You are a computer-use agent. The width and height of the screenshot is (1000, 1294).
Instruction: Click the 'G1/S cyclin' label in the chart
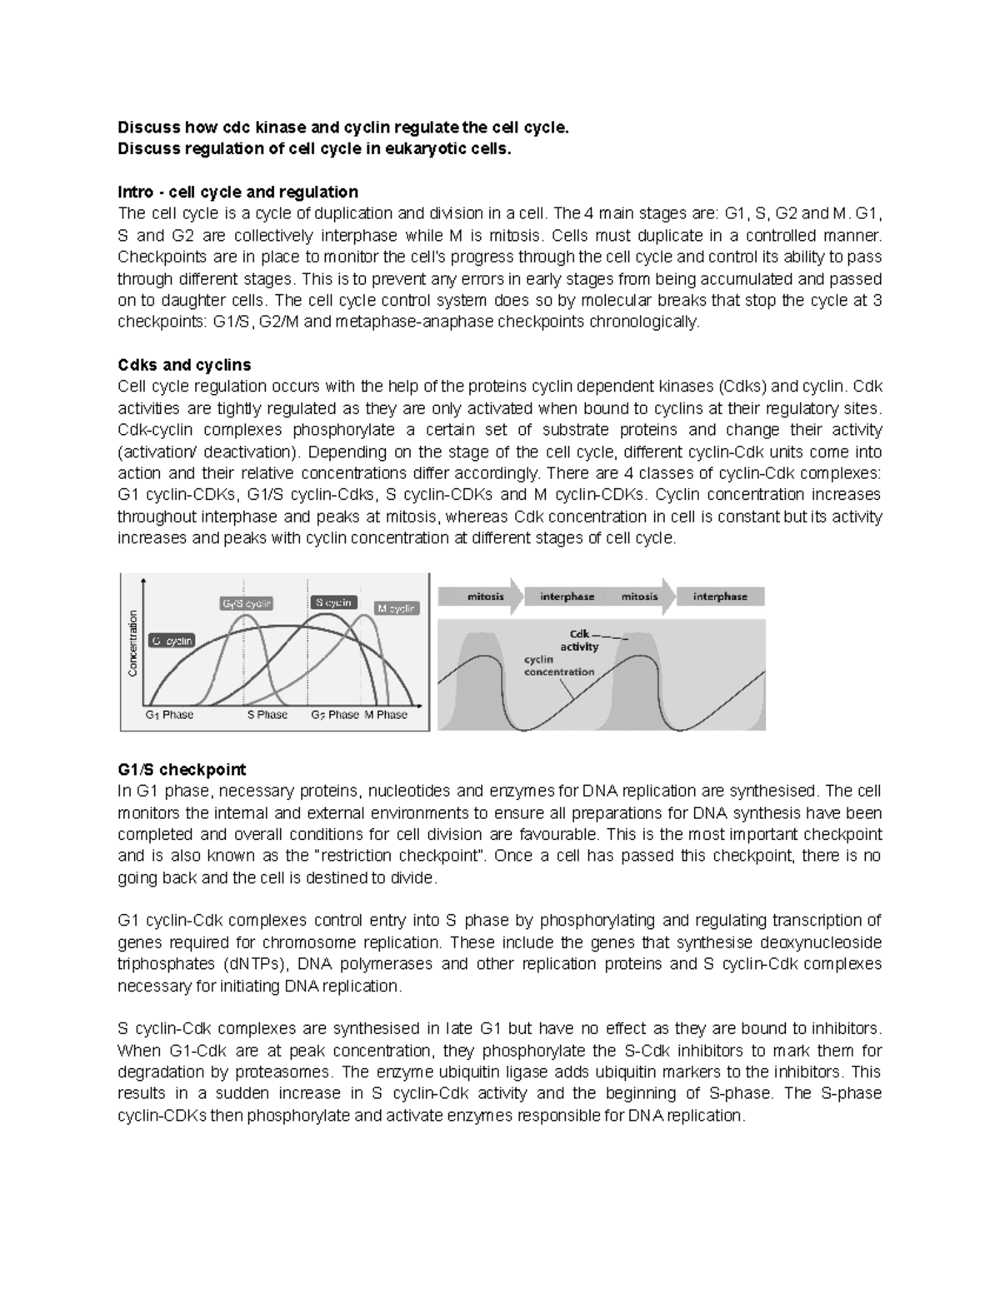[247, 604]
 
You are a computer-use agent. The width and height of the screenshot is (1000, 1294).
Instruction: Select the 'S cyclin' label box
[334, 602]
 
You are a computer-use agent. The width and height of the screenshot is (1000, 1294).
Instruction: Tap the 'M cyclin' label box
[396, 609]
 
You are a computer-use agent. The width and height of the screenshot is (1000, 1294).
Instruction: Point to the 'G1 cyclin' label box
[172, 641]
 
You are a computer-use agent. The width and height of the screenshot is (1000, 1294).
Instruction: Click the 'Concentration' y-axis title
[132, 642]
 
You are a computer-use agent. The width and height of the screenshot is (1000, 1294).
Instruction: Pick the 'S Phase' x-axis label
[267, 715]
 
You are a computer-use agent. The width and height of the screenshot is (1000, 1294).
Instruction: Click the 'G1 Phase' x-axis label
[169, 715]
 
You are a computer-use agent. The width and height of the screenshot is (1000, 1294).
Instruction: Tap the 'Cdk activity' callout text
[579, 640]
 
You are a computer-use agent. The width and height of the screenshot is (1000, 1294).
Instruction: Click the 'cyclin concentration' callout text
[558, 666]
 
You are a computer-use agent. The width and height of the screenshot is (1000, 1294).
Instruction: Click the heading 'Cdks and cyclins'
[184, 365]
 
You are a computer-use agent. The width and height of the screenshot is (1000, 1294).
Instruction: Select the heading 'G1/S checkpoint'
[182, 769]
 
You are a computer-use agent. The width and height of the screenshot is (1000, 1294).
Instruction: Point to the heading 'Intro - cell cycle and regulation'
[237, 192]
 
